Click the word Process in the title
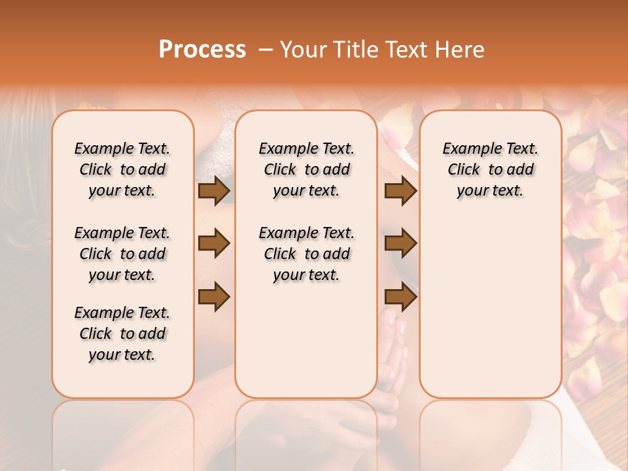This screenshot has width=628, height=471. [x=202, y=50]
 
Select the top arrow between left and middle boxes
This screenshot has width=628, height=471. [x=214, y=190]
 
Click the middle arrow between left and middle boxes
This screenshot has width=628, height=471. [x=214, y=243]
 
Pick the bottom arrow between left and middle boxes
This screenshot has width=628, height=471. [x=214, y=296]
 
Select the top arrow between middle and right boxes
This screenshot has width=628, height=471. [x=400, y=190]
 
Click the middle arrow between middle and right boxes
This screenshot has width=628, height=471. [x=400, y=243]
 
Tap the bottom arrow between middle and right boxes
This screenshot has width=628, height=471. [x=400, y=296]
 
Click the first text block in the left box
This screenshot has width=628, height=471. [x=122, y=169]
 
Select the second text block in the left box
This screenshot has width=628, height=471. [x=122, y=254]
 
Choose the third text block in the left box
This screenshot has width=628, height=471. [x=122, y=334]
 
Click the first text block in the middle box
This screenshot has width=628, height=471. [x=306, y=169]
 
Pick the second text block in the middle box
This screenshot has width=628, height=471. [x=306, y=254]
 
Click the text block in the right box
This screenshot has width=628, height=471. [x=491, y=169]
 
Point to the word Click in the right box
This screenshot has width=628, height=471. [x=464, y=169]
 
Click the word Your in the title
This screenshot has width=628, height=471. [x=302, y=50]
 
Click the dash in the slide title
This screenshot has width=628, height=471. [x=265, y=50]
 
